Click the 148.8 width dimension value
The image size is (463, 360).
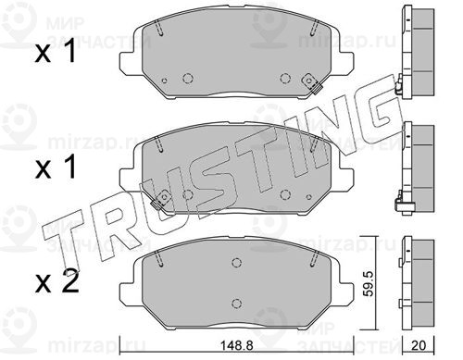coord(236,346)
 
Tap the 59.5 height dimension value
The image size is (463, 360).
coord(369,283)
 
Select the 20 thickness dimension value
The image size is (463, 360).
coord(419,345)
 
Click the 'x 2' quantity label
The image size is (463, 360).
coord(56,283)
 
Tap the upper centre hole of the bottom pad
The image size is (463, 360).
coord(236,263)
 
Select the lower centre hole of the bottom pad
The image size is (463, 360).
coord(236,303)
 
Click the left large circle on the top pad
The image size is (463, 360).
coord(187,78)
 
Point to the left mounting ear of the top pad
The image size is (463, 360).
coord(128,63)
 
